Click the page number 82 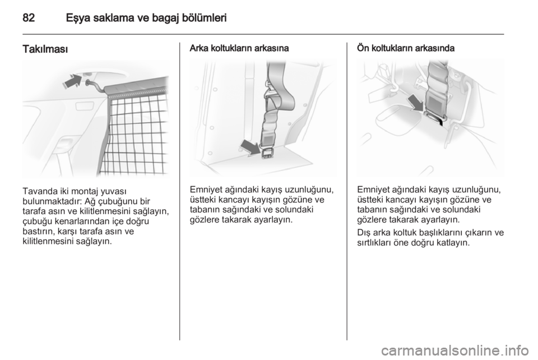point(29,17)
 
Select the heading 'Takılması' point(45,49)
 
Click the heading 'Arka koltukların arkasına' point(239,48)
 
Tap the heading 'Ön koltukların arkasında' point(406,48)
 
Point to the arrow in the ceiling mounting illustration point(72,82)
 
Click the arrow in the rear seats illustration point(251,147)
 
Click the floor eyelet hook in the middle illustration point(266,153)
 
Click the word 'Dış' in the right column point(363,233)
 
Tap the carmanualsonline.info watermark point(455,350)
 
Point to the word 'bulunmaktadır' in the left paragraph point(52,201)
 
